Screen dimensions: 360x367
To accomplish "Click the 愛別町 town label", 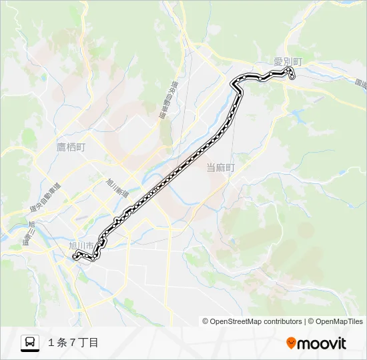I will [x=288, y=62].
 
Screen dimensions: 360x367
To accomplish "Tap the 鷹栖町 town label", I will [x=70, y=147].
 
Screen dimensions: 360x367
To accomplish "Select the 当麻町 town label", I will [x=220, y=168].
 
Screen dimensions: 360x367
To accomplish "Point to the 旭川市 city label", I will [x=81, y=245].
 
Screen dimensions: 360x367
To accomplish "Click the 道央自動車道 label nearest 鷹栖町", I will [x=45, y=198].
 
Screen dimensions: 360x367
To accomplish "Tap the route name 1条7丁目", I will [x=73, y=343].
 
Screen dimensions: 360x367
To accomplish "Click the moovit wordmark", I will [x=322, y=343].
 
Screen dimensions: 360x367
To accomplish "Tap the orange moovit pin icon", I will [x=291, y=343].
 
